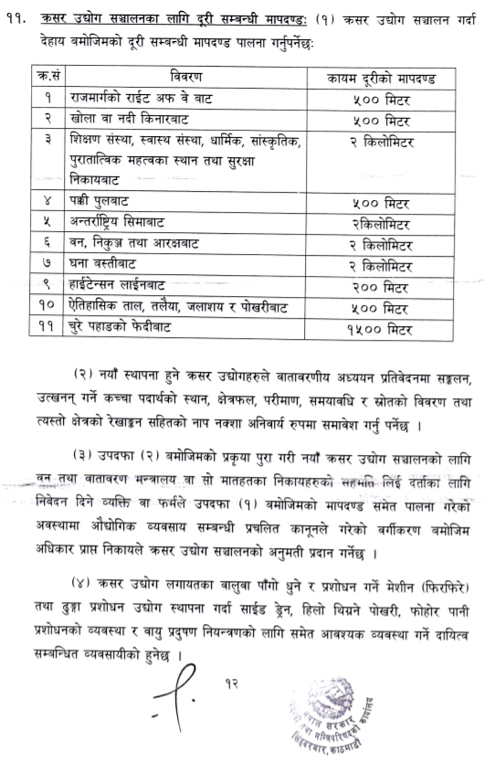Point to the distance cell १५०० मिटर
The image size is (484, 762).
pos(386,327)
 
